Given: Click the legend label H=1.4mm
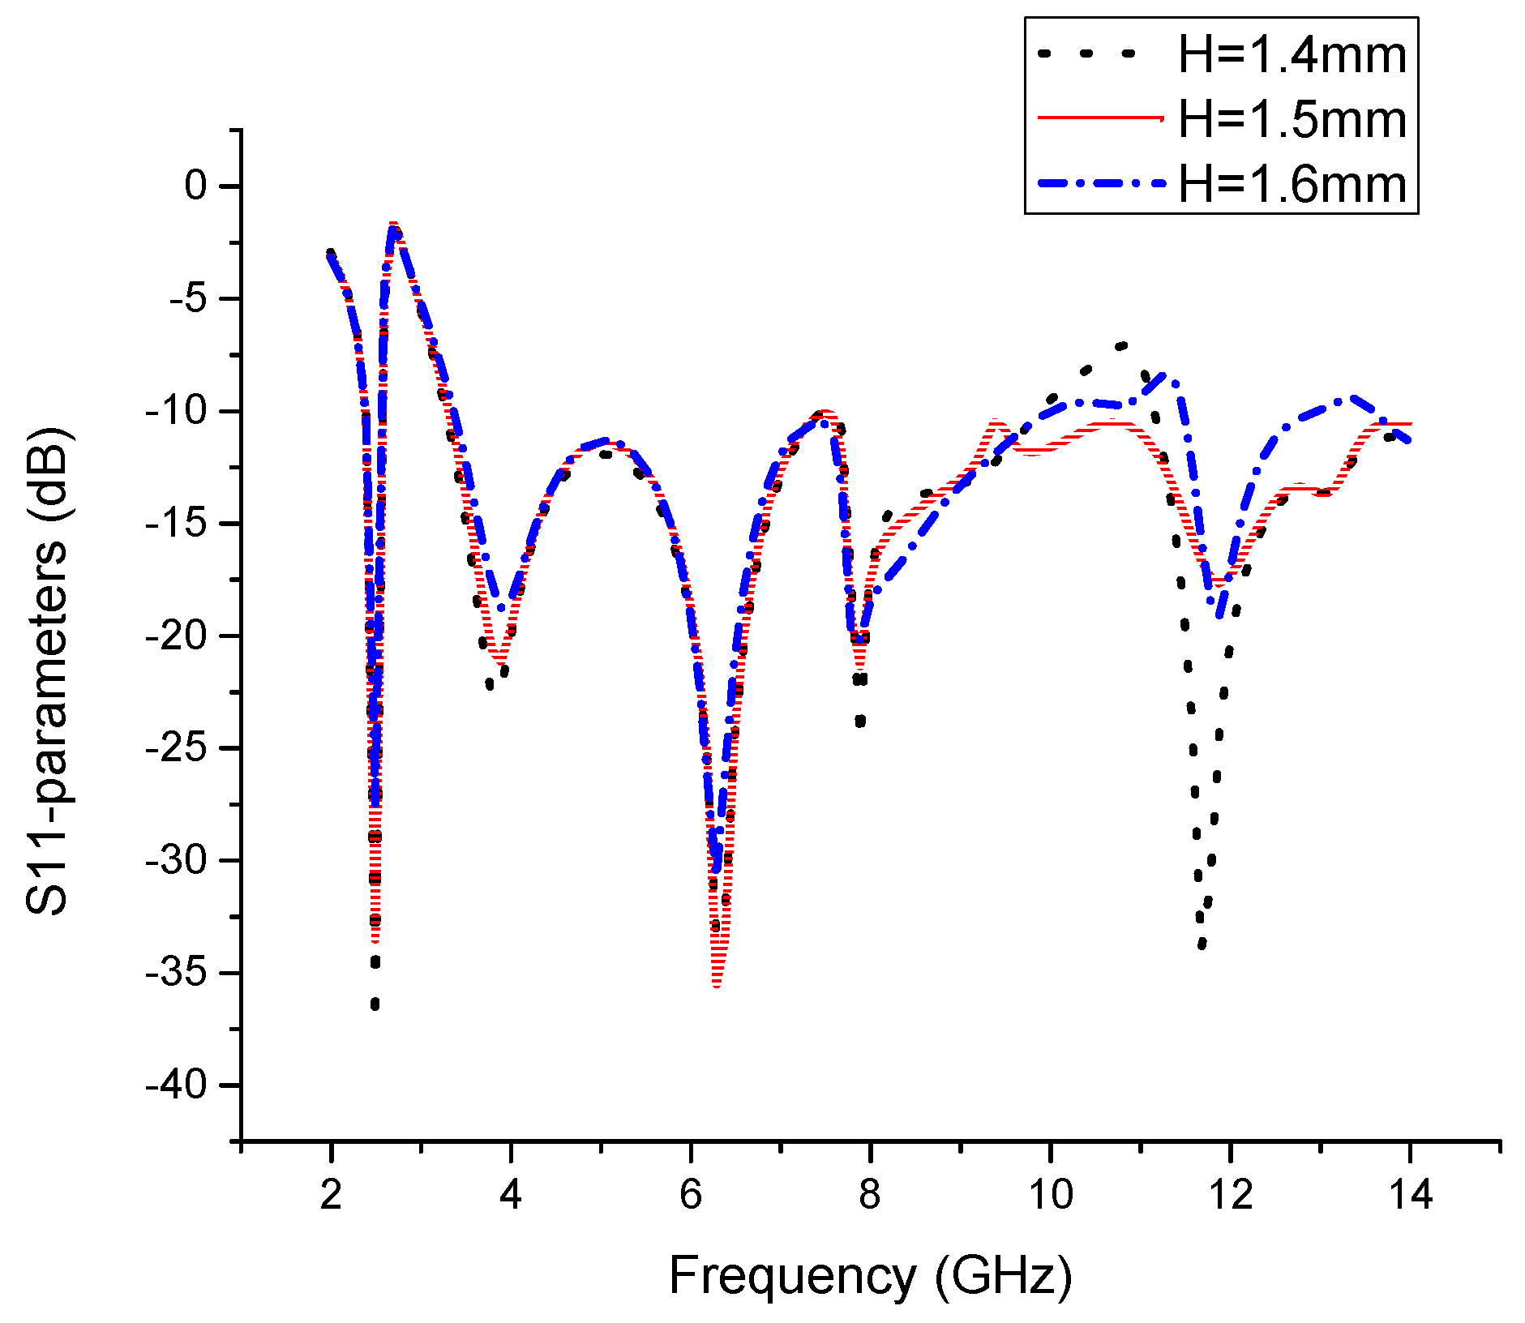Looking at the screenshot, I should click(1292, 55).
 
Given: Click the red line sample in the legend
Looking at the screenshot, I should click(1100, 118).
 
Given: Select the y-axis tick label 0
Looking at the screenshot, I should click(196, 186).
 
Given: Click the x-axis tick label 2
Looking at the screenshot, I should click(331, 1195).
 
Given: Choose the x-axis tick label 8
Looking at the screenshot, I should click(870, 1195).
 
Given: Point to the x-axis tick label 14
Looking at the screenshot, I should click(1410, 1195).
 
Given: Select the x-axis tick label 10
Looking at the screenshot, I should click(1050, 1195).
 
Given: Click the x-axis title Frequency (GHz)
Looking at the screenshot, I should click(870, 1275).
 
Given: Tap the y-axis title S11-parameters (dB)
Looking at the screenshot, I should click(47, 673).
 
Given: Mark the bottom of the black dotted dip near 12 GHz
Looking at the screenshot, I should click(1202, 944).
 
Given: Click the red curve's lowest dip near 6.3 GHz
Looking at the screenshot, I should click(717, 984).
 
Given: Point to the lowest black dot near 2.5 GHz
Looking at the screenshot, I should click(375, 1004).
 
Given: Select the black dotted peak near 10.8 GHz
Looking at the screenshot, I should click(1121, 346).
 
